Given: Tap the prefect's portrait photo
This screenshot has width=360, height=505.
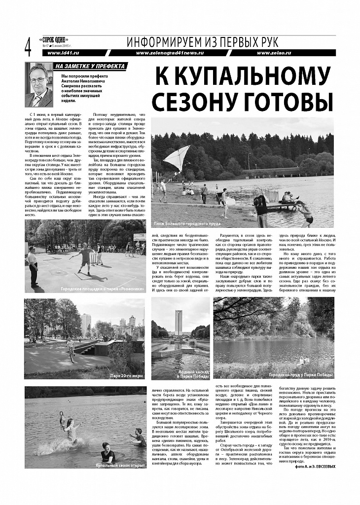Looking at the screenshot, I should point(39,85).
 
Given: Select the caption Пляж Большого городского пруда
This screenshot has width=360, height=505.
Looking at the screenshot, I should point(187,224).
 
